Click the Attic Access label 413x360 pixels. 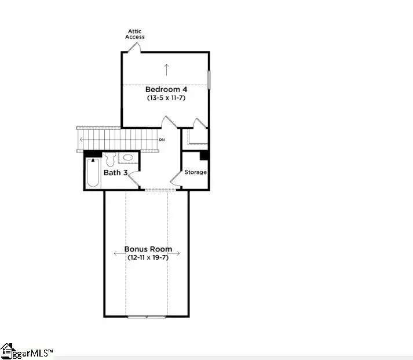(135, 34)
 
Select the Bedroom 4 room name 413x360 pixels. (166, 89)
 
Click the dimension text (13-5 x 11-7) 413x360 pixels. (166, 98)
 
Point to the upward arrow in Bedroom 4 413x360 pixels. (166, 70)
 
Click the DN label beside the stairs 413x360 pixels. (162, 140)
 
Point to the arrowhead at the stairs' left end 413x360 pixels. (81, 139)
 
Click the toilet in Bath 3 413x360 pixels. (110, 158)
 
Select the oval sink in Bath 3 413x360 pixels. (127, 158)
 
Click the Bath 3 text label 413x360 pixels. (115, 172)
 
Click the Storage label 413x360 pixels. (195, 172)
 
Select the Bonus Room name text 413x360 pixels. (147, 249)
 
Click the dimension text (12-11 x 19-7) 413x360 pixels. (147, 257)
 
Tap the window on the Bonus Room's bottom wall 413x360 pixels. (146, 316)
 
